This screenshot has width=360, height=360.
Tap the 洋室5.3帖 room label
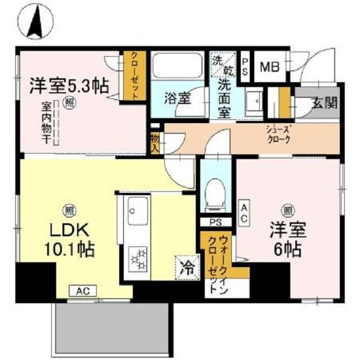pyautogui.click(x=69, y=87)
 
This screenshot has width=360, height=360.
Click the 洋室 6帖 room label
pyautogui.click(x=287, y=240)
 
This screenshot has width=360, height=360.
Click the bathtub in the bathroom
pyautogui.click(x=178, y=66)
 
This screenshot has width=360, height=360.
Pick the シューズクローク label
pyautogui.click(x=278, y=136)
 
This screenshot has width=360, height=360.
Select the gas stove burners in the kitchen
pyautogui.click(x=137, y=259)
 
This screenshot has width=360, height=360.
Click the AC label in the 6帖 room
pyautogui.click(x=245, y=213)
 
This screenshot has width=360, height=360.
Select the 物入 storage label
pyautogui.click(x=155, y=142)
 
